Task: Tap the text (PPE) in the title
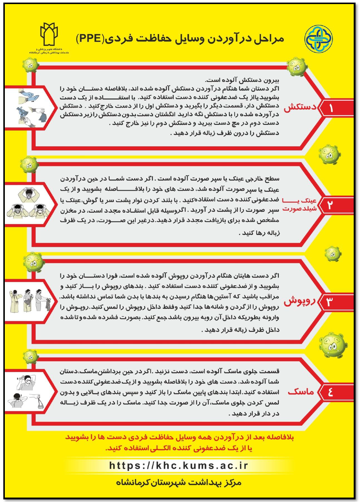(90, 38)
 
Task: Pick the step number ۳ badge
(329, 302)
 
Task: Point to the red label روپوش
(300, 301)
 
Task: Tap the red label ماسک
(301, 391)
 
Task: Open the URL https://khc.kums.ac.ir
(178, 466)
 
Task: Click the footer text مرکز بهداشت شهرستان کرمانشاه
(179, 482)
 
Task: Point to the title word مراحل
(268, 39)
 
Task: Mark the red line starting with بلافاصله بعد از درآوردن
(179, 437)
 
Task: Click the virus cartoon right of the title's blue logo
(297, 67)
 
